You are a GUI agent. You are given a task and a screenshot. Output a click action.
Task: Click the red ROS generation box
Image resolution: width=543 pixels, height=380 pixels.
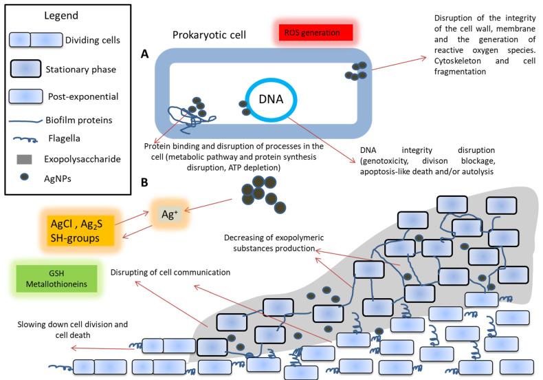[x=314, y=32]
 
